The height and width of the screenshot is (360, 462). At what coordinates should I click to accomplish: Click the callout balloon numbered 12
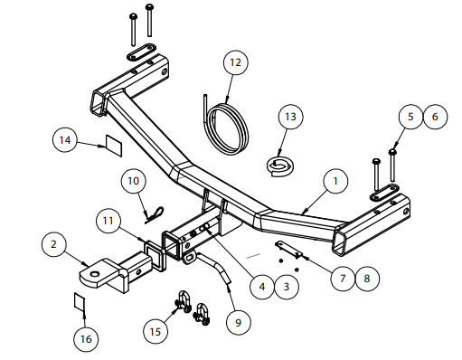236,62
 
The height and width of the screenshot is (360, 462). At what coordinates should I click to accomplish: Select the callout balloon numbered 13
290,117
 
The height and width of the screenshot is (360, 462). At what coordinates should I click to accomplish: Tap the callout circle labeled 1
335,181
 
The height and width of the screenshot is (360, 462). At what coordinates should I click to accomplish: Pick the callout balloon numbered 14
65,140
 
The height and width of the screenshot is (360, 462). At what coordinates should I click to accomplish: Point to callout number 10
134,181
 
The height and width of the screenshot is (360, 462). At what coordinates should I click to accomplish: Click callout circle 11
108,221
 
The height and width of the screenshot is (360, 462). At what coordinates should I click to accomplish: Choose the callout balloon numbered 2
54,244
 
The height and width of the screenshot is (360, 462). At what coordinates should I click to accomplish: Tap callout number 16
86,339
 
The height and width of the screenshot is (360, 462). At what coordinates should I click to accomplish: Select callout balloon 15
156,332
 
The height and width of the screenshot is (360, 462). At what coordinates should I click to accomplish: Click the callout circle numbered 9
239,323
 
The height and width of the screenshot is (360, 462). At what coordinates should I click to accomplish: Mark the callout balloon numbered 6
436,117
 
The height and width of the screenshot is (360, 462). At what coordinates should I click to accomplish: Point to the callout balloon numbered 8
367,279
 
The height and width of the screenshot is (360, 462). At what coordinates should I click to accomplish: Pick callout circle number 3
287,287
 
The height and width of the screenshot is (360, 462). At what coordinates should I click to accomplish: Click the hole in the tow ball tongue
95,274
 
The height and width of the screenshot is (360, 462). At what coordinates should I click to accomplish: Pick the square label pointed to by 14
114,146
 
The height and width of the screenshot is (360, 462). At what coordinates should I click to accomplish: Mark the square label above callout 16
80,301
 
